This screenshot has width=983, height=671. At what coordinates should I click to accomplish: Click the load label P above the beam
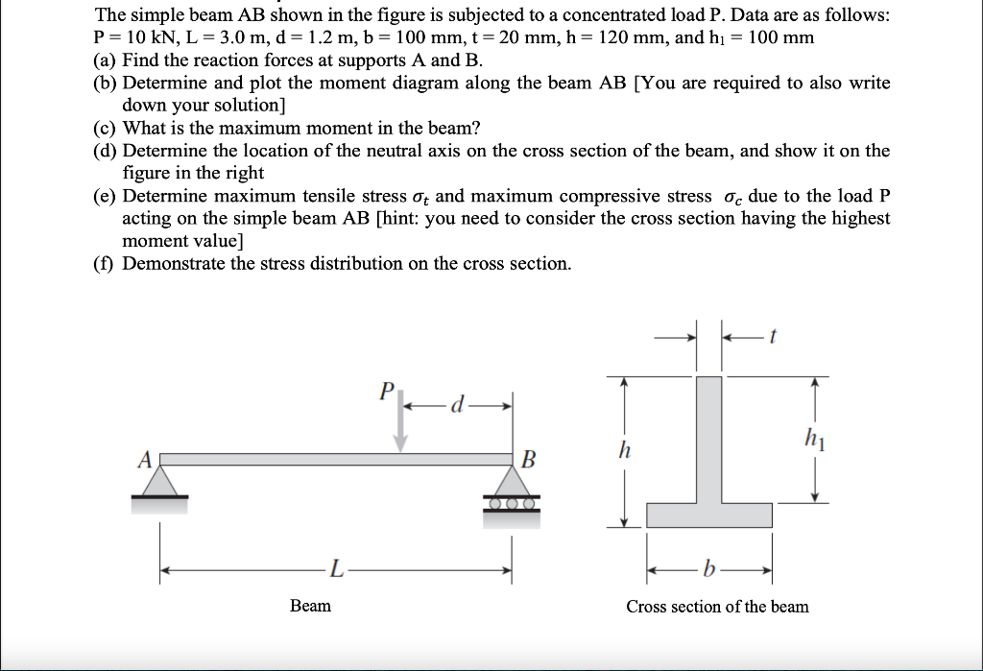(x=387, y=392)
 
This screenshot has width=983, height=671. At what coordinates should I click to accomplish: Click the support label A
(x=145, y=460)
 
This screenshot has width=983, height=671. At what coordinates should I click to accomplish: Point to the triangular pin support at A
(x=160, y=480)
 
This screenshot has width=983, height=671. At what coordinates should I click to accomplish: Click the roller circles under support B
(x=512, y=501)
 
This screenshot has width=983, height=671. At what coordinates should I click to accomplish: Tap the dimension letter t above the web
(x=772, y=336)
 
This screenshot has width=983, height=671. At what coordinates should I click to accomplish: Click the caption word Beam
(x=310, y=606)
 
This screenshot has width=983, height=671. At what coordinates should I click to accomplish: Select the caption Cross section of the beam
(x=717, y=607)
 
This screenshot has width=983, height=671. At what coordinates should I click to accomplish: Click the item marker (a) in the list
(x=106, y=60)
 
